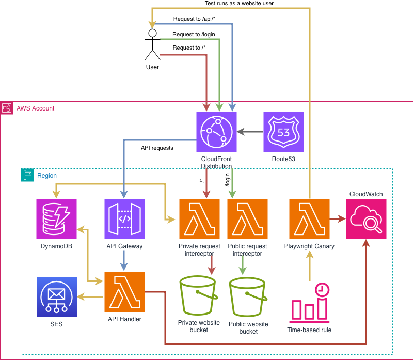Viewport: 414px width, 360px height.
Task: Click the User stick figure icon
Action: coord(152,45)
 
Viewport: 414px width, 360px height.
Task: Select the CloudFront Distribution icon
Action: coord(216,132)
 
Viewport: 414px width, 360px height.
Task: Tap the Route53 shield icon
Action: coord(283,132)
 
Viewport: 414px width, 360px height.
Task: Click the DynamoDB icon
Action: coord(57,219)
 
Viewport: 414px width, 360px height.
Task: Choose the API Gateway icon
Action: coord(124,219)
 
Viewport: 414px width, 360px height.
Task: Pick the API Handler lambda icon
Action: coord(124,291)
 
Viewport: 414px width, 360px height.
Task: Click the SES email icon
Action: coord(57,296)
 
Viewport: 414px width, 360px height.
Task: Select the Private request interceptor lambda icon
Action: coord(199,219)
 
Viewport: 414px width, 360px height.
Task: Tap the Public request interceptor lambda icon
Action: coord(247,219)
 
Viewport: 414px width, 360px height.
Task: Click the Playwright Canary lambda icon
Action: coord(309,219)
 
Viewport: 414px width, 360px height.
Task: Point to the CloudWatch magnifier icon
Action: coord(366,219)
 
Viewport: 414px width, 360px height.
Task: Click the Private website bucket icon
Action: coord(199,298)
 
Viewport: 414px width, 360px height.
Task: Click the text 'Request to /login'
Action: coord(194,34)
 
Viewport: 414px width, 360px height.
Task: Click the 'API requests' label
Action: coord(157,148)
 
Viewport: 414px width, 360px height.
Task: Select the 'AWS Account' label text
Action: coord(35,108)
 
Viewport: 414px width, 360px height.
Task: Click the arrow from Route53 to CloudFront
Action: coord(250,132)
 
